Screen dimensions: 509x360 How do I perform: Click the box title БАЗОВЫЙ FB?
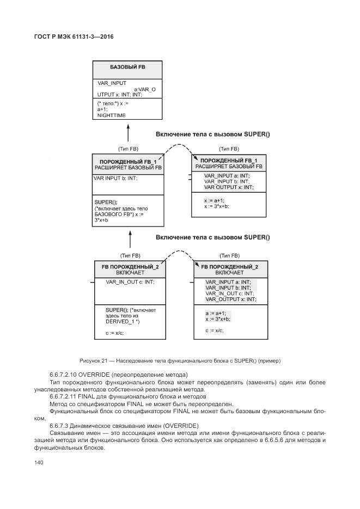tap(127, 67)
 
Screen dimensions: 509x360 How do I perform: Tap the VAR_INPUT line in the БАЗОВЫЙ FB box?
tap(112, 83)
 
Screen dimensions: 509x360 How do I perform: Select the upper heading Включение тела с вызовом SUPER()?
tap(212, 134)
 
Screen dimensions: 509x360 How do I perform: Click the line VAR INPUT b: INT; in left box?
tap(115, 178)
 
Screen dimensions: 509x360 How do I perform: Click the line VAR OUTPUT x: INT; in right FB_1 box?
tap(229, 187)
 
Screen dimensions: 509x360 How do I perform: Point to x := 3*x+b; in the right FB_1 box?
tap(216, 206)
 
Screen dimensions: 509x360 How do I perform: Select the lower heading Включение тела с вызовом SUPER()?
tap(212, 237)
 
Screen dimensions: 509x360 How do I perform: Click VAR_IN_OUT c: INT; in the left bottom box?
tap(130, 281)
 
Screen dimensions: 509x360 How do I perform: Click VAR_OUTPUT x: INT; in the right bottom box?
tap(230, 299)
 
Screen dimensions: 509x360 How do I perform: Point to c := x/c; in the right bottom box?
tap(214, 330)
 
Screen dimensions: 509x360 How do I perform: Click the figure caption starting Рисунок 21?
tap(180, 361)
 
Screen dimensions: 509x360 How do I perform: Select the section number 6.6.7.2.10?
tap(66, 375)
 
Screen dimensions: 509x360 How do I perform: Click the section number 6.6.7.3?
tap(62, 425)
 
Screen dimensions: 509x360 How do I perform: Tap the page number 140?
tap(39, 462)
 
